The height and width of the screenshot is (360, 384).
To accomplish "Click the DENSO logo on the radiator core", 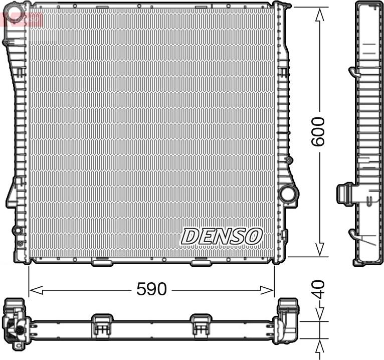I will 222,236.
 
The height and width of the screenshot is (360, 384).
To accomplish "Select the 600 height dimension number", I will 318,131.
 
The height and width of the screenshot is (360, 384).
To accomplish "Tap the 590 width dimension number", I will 151,289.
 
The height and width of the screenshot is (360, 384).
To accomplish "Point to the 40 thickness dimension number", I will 319,289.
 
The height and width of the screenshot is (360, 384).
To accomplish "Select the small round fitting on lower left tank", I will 18,230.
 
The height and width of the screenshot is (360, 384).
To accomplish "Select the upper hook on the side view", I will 353,72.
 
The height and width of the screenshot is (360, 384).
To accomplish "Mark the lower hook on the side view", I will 353,233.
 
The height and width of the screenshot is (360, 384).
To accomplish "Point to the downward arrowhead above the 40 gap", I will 319,316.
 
